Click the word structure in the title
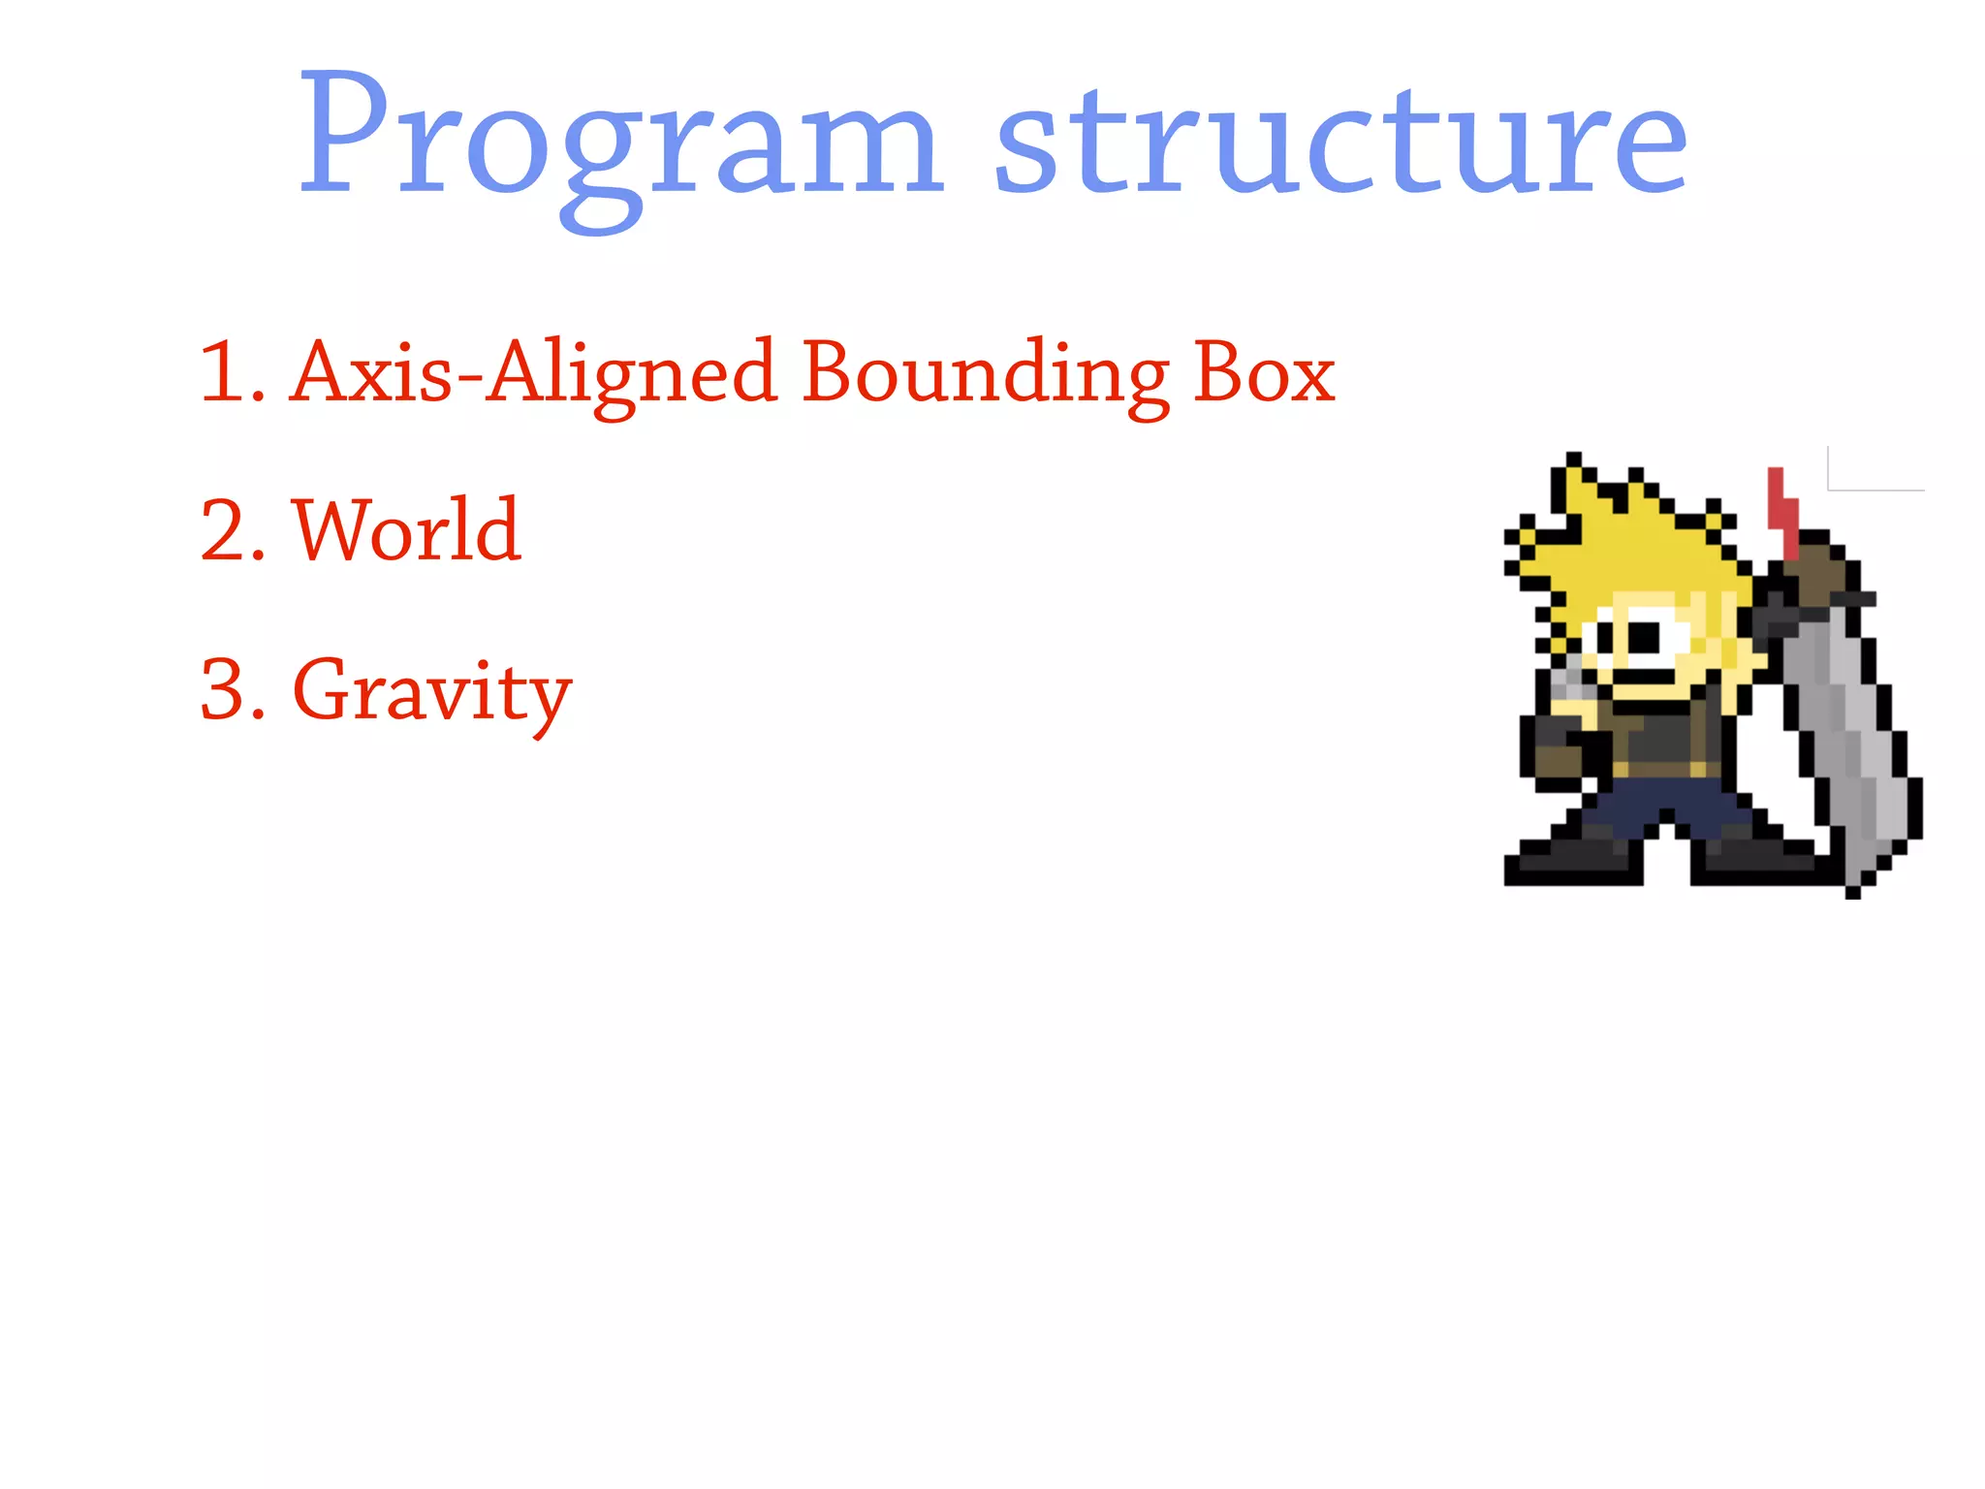1342,141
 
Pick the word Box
1264,373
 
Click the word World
407,531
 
